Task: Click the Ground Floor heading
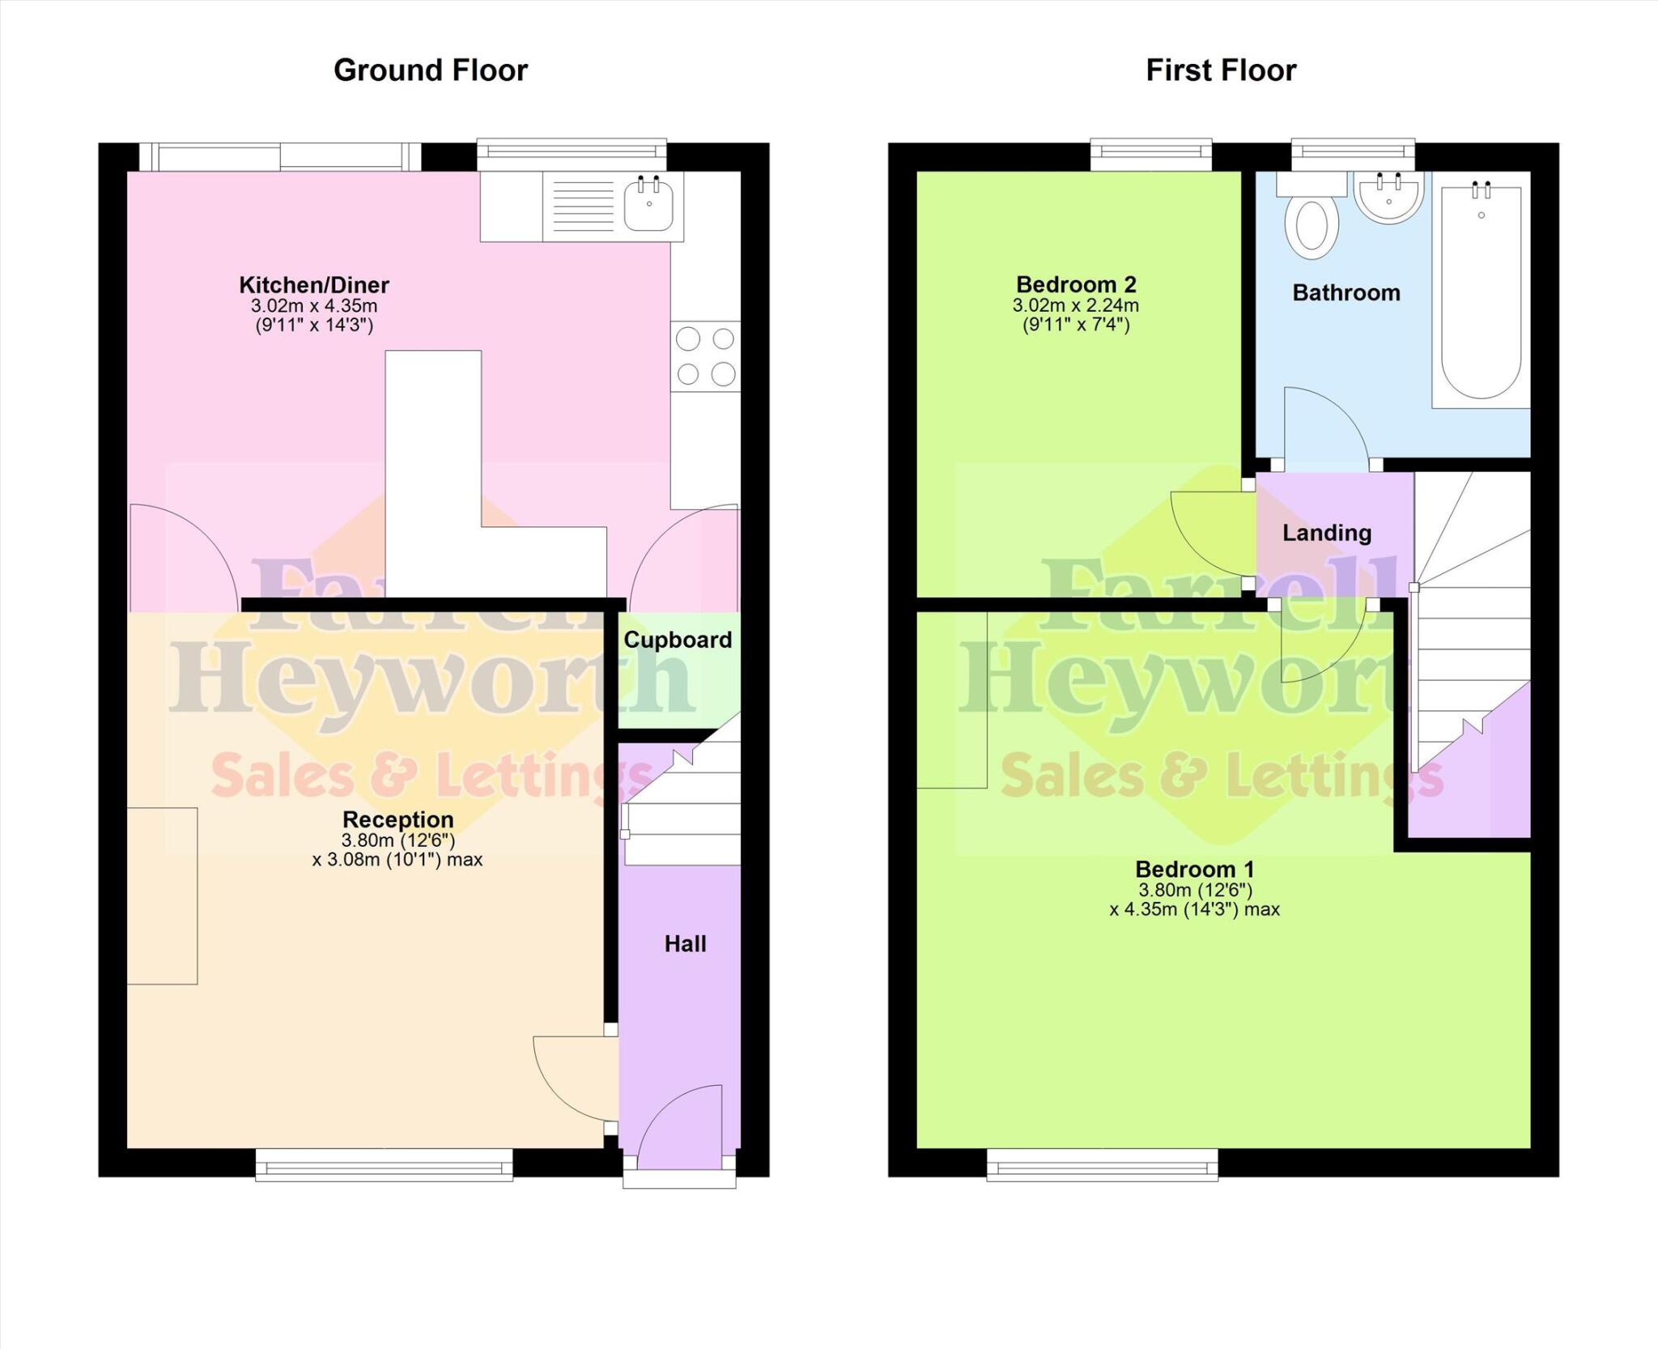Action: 430,70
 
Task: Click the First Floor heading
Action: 1220,70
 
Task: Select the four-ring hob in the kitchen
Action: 705,356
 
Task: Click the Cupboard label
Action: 678,640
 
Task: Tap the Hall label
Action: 685,943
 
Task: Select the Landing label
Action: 1326,533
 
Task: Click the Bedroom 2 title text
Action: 1076,285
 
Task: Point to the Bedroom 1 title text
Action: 1194,870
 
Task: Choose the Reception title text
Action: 397,819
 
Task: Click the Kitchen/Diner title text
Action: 314,285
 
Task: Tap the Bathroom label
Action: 1346,293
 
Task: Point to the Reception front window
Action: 384,1166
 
